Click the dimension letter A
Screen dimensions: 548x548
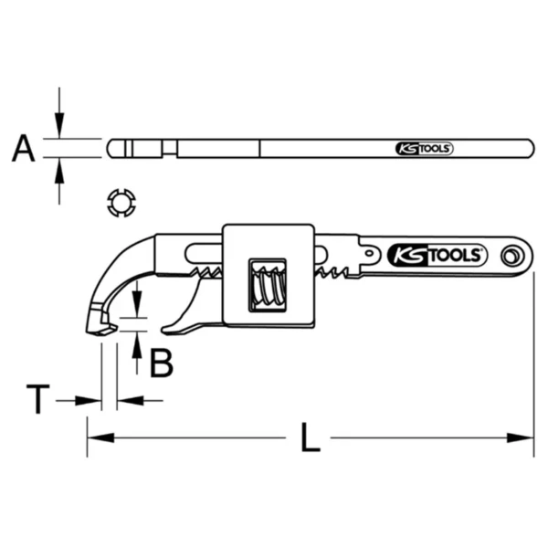(x=24, y=148)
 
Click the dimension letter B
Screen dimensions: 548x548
(x=161, y=364)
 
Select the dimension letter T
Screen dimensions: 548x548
(x=38, y=399)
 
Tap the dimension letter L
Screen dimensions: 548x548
(x=311, y=437)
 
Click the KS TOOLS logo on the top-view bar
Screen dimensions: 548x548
(x=425, y=149)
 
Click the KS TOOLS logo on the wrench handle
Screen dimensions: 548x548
(x=437, y=256)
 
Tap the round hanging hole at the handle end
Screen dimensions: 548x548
(x=512, y=257)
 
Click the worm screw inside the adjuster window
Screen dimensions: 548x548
(x=269, y=284)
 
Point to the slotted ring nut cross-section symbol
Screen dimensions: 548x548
(x=121, y=203)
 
